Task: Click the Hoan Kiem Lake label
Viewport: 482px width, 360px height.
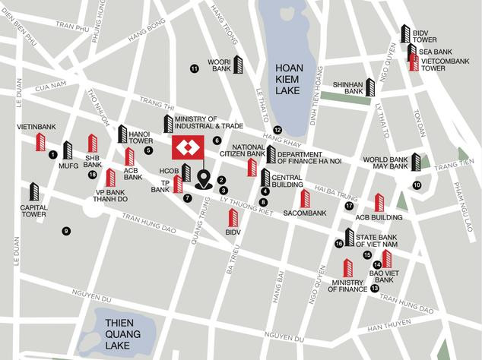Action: coord(289,78)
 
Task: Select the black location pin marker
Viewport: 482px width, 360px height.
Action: coord(204,180)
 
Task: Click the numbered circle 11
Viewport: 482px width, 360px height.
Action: coord(194,69)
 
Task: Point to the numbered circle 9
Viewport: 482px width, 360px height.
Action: coord(66,231)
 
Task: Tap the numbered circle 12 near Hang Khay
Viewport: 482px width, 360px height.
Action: coord(277,130)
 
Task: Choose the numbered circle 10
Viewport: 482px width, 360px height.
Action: coord(417,185)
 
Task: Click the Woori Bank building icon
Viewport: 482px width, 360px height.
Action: coord(238,65)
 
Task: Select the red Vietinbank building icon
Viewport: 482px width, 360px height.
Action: coord(41,142)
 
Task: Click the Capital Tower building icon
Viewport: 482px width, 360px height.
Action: coord(34,192)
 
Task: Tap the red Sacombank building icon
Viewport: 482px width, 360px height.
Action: coord(305,198)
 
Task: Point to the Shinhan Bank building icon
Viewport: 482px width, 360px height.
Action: coord(370,87)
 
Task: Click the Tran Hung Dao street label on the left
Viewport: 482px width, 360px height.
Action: coord(149,223)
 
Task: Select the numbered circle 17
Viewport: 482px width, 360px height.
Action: coord(349,206)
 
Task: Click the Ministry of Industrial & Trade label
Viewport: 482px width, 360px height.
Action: coord(207,122)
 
